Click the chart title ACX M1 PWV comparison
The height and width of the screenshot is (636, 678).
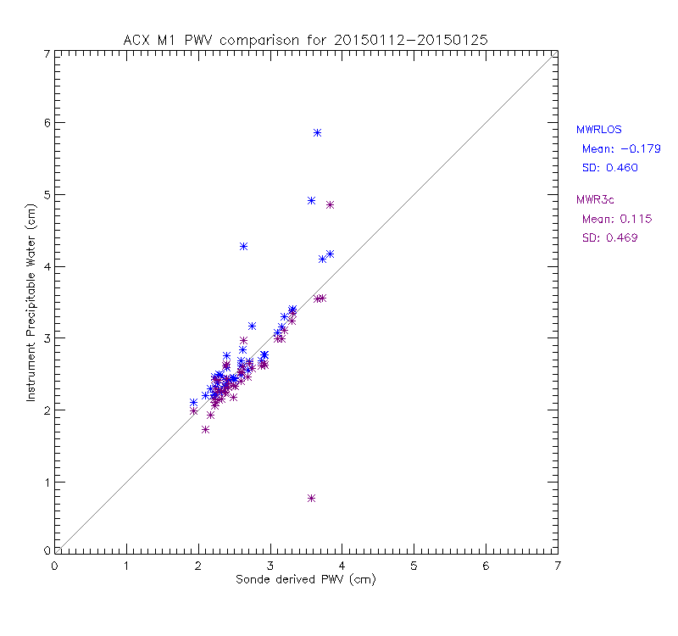pyautogui.click(x=306, y=39)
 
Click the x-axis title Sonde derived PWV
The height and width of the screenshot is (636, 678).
pyautogui.click(x=306, y=580)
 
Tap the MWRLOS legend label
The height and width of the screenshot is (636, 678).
pyautogui.click(x=598, y=130)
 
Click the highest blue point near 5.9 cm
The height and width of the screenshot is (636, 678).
pyautogui.click(x=317, y=133)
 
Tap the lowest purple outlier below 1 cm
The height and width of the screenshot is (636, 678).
pyautogui.click(x=312, y=499)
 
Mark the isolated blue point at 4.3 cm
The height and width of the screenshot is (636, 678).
pyautogui.click(x=243, y=246)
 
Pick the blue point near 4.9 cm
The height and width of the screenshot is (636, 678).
pyautogui.click(x=311, y=201)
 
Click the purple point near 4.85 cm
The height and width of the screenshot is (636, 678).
pyautogui.click(x=330, y=205)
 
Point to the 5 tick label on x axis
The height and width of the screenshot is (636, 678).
pyautogui.click(x=414, y=566)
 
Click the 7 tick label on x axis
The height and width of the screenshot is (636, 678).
pyautogui.click(x=557, y=566)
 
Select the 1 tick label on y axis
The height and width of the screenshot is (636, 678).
pyautogui.click(x=46, y=483)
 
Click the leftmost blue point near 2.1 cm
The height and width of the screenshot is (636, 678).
pyautogui.click(x=193, y=403)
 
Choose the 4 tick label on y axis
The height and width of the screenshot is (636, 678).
pyautogui.click(x=46, y=266)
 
